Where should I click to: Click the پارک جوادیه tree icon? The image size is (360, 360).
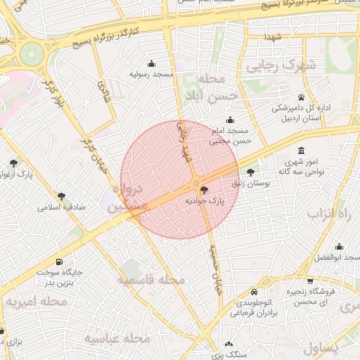tap(204, 190)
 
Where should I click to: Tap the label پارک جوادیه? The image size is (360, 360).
tap(204, 201)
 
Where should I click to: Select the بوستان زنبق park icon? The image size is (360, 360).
tap(250, 172)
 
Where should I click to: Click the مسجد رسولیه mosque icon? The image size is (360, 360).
tap(151, 63)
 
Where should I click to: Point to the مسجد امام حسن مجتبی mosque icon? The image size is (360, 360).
tap(230, 120)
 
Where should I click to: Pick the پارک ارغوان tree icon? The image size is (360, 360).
tap(14, 163)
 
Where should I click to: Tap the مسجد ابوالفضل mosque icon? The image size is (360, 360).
tap(340, 246)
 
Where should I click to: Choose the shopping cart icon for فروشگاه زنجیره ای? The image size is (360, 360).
tap(310, 281)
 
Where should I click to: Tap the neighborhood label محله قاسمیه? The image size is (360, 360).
tap(150, 280)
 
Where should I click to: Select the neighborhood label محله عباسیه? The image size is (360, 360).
tap(117, 338)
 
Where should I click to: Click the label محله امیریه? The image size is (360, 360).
tap(36, 302)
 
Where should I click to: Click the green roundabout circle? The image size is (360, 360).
tap(31, 52)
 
